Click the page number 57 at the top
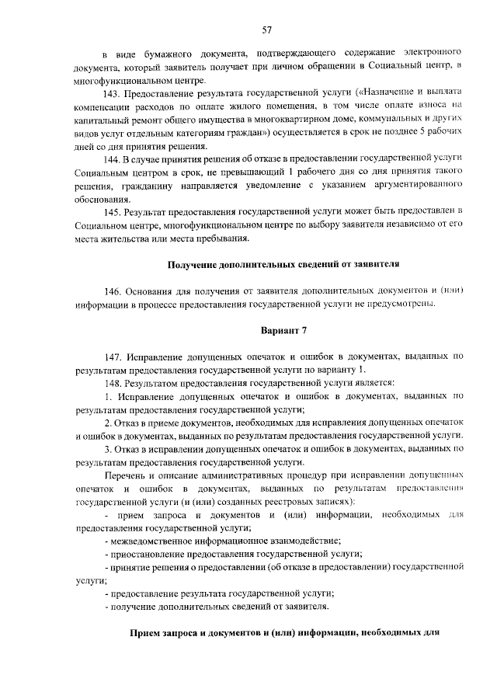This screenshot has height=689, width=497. tap(266, 30)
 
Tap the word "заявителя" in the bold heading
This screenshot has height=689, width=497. tap(374, 265)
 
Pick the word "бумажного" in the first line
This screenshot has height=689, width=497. tap(167, 52)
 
